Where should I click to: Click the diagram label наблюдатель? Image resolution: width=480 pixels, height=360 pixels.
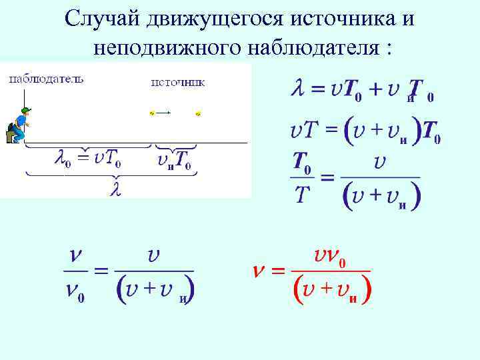click(x=46, y=79)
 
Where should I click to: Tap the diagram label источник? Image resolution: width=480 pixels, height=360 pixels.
click(x=177, y=83)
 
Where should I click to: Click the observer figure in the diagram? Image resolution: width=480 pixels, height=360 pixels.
click(x=18, y=125)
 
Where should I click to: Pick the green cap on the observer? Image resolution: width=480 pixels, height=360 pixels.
click(x=26, y=110)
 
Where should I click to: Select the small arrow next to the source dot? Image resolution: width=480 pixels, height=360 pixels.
click(x=165, y=113)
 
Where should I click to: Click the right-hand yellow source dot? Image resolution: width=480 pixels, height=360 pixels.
click(x=198, y=114)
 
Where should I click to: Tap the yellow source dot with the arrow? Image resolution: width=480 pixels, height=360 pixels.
click(x=152, y=113)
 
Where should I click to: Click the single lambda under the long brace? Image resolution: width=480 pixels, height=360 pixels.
click(x=115, y=189)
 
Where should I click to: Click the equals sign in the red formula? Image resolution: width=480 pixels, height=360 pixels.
click(x=278, y=271)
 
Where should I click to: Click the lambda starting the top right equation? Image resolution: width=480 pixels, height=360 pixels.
click(x=297, y=88)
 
